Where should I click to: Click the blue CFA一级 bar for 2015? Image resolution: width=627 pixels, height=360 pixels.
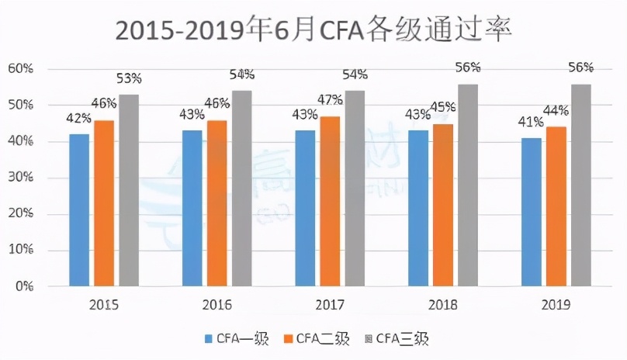tap(78, 209)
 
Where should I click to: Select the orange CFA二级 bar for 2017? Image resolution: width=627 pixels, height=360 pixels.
tap(329, 201)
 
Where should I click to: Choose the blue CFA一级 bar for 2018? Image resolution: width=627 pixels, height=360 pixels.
tap(418, 208)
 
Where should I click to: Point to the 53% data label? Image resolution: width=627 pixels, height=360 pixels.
tap(129, 78)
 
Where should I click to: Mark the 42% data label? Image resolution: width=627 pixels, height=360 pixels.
tap(78, 118)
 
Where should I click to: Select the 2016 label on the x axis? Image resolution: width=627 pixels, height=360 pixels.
tap(217, 305)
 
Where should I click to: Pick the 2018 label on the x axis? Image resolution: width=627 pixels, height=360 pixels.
tap(442, 305)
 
